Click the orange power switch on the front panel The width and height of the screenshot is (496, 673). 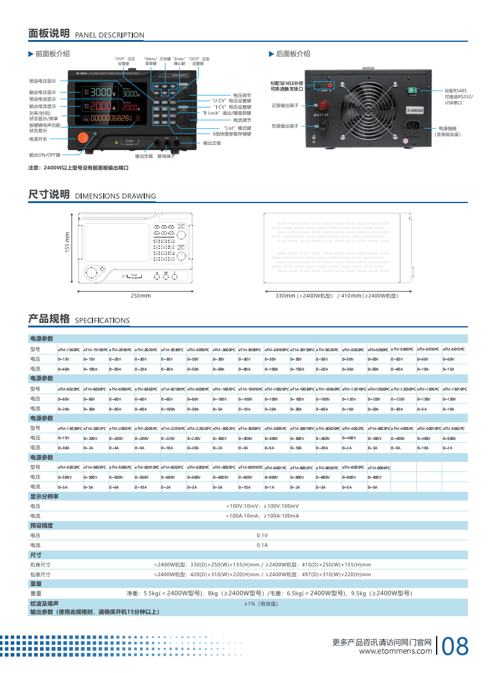[82, 139]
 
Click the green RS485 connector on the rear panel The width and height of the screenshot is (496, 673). [412, 91]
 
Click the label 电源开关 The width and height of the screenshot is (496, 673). [38, 139]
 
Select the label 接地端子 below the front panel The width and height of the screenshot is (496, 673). [166, 156]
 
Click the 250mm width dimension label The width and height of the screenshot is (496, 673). [141, 296]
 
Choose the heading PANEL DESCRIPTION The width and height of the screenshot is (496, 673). [109, 35]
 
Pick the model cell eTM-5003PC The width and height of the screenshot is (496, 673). [68, 467]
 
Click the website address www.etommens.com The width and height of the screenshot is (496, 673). [395, 651]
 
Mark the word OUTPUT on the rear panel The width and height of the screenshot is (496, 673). [321, 115]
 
